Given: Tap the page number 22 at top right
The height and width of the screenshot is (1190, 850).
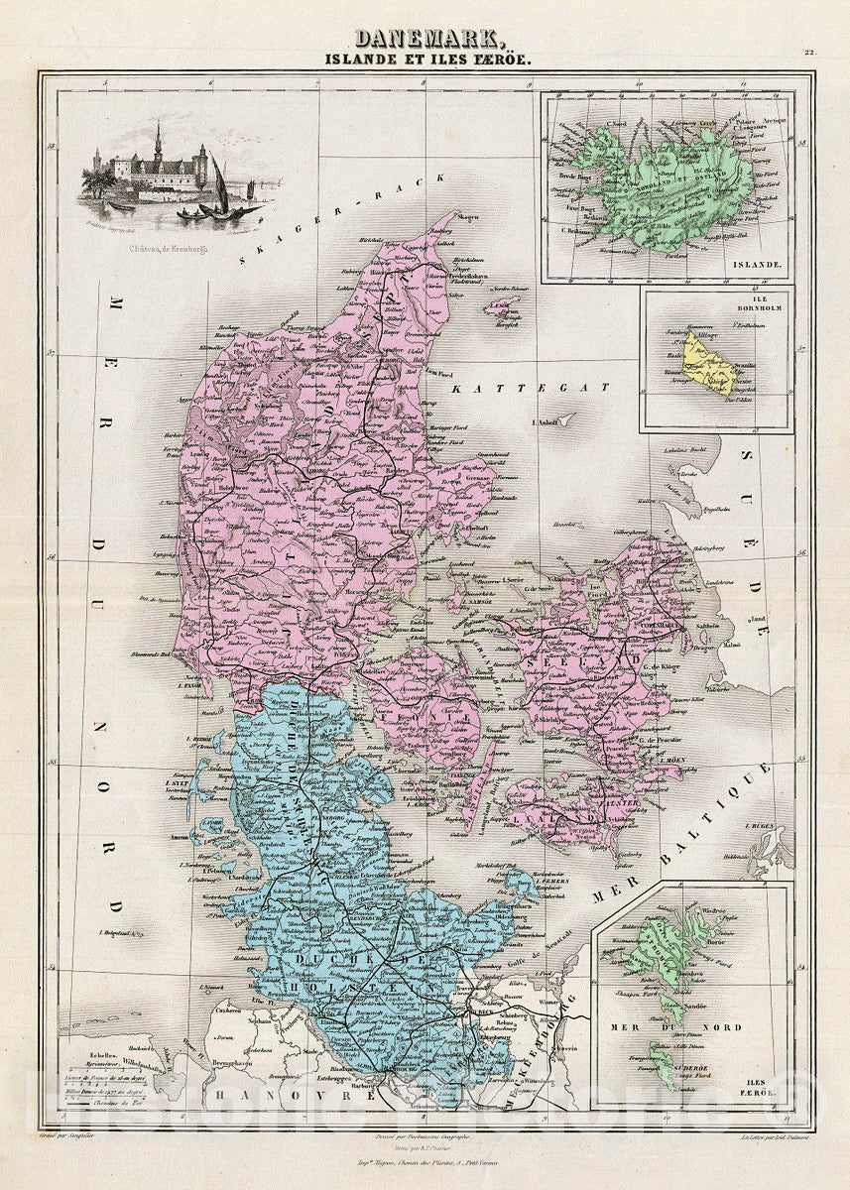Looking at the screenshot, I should coord(808,55).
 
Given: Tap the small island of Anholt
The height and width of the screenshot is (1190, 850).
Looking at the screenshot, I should coord(565,420).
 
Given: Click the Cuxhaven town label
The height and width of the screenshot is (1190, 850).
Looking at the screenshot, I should coord(222,1008).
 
